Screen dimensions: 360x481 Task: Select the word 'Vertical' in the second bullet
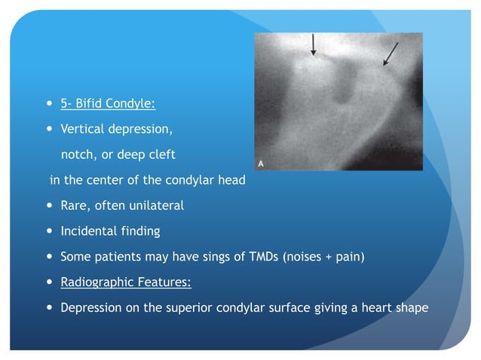pyautogui.click(x=83, y=129)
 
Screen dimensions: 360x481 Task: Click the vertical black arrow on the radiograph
pyautogui.click(x=314, y=45)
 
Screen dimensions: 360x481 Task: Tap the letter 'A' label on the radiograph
pyautogui.click(x=261, y=163)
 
